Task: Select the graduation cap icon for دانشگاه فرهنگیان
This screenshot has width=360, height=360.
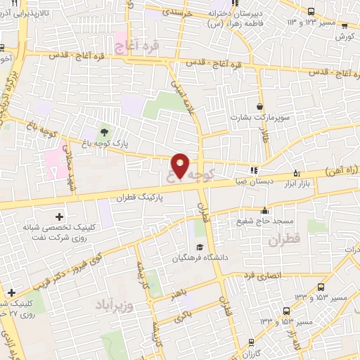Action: click(200, 247)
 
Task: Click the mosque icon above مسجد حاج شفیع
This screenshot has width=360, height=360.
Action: click(264, 210)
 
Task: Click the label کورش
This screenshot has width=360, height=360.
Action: click(344, 36)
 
